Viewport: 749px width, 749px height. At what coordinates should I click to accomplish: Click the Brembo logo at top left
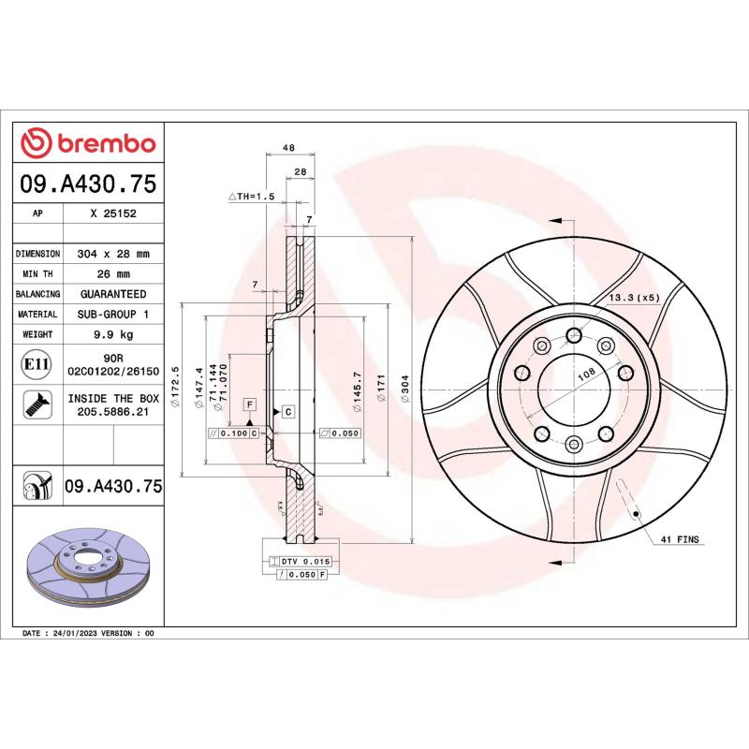pos(88,143)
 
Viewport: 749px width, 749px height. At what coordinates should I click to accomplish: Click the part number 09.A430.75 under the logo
pos(88,185)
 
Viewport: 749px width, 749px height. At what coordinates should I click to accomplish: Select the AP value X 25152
pos(112,213)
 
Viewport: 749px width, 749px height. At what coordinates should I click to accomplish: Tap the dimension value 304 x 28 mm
pos(112,254)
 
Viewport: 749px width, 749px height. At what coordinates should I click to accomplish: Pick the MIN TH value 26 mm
pos(112,274)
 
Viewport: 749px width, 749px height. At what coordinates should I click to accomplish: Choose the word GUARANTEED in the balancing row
pos(112,294)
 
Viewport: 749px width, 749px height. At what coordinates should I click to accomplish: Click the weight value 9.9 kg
pos(112,334)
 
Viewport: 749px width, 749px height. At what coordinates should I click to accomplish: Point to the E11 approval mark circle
pos(37,363)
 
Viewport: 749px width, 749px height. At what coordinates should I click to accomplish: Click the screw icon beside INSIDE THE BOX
pos(37,404)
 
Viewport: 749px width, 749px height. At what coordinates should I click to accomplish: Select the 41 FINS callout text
pos(681,540)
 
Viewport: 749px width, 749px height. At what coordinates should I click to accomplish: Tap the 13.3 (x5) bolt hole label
pos(634,297)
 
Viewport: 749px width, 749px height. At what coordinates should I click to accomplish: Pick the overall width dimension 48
pos(289,148)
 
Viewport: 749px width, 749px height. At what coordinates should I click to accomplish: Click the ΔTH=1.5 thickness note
pos(251,197)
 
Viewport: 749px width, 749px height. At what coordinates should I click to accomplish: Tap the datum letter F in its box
pos(250,404)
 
